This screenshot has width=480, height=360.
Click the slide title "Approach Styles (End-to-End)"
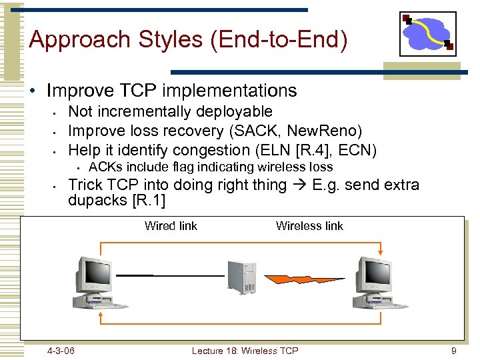[x=189, y=39]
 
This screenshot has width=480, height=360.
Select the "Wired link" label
[x=171, y=226]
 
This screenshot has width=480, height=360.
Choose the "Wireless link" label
[x=309, y=226]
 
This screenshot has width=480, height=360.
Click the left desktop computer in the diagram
[x=97, y=283]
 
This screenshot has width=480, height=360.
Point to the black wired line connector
[x=170, y=275]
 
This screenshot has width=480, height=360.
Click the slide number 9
[x=453, y=351]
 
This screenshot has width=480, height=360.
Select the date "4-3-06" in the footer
[x=61, y=351]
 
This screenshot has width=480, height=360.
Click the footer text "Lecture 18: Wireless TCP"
[x=245, y=351]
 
